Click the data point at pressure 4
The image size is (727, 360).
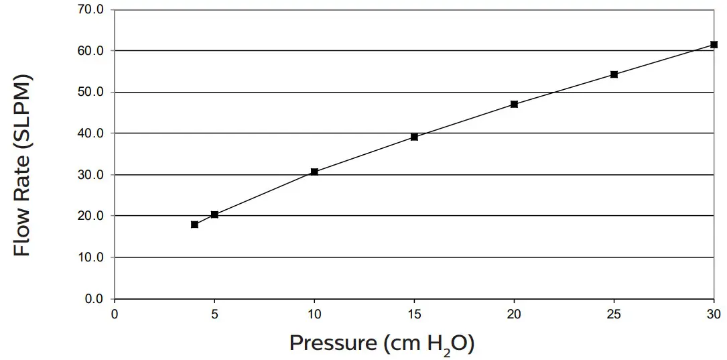(194, 225)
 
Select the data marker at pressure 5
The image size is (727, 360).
(214, 215)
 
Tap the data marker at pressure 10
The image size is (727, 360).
(314, 172)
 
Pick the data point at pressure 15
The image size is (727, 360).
(414, 137)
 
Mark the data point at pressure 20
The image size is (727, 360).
(514, 104)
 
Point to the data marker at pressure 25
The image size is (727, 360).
(614, 74)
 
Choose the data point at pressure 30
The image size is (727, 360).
(714, 45)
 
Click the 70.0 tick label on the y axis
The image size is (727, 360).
(91, 10)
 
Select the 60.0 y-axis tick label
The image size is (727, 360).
(91, 51)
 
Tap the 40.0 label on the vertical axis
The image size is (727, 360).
(91, 133)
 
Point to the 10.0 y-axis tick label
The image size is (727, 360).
(91, 257)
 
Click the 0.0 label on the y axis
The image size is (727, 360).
(94, 299)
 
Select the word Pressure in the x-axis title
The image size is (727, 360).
(333, 343)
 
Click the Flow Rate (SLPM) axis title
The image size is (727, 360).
(23, 165)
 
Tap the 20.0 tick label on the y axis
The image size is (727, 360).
(91, 216)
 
